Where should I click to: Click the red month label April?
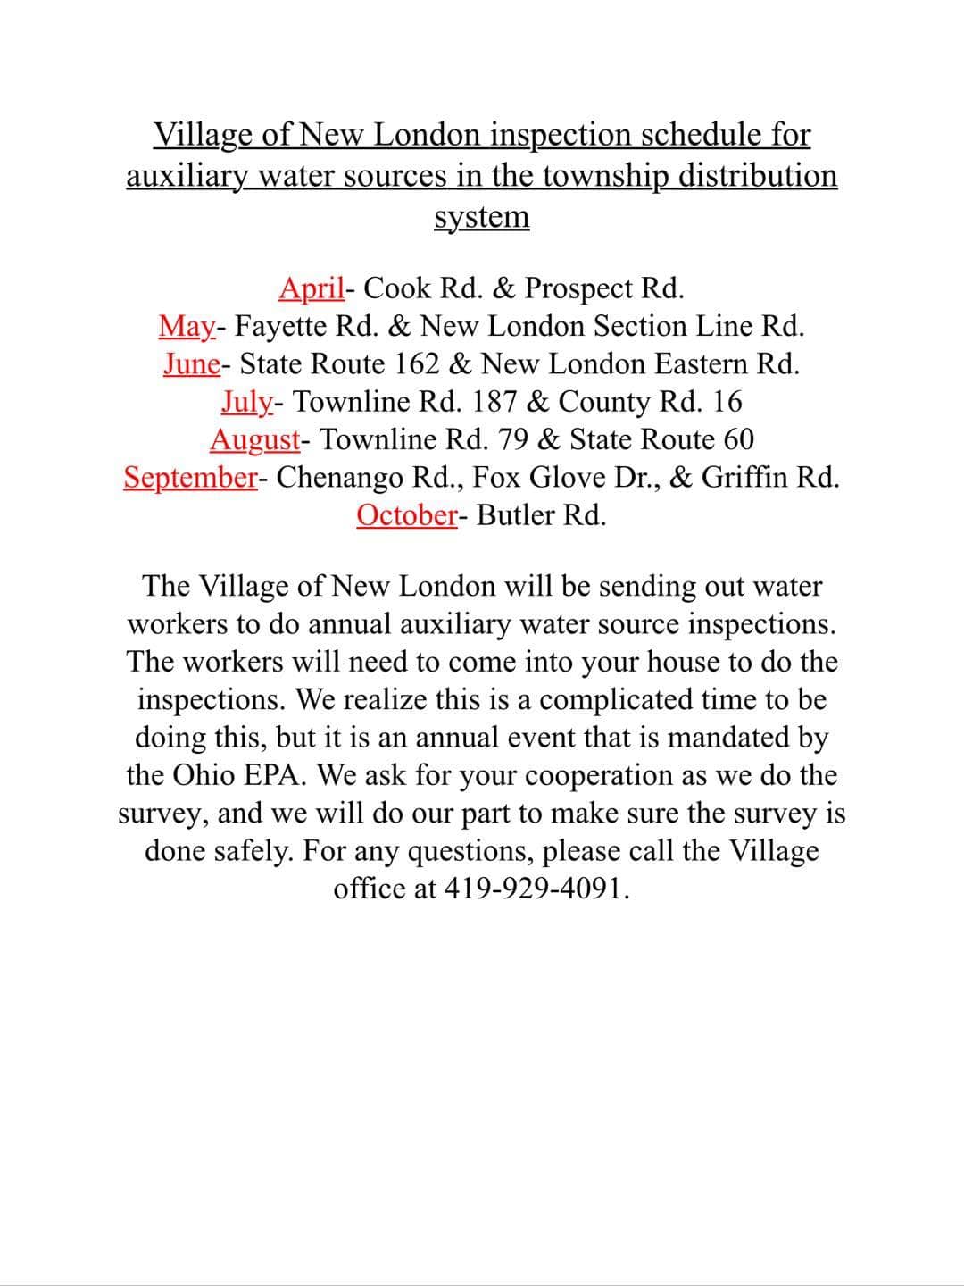pos(311,288)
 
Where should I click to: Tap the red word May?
pos(186,327)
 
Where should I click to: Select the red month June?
pos(191,364)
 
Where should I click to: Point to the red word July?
pos(245,403)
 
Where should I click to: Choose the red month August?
pos(254,440)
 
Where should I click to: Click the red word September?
pos(189,478)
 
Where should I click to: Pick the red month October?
pos(406,515)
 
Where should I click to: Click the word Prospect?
pos(578,288)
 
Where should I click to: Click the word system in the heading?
pos(481,217)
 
